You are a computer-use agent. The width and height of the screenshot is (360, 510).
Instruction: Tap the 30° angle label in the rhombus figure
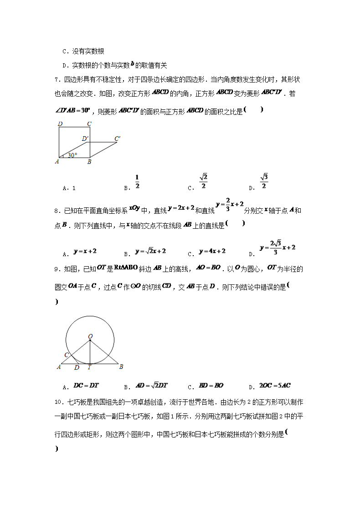click(x=72, y=155)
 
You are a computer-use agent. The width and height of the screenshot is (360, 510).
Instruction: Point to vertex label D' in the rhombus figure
click(x=85, y=138)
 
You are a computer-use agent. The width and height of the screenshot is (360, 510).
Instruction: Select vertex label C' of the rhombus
click(x=118, y=138)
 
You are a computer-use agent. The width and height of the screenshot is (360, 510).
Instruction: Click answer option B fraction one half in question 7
click(x=137, y=181)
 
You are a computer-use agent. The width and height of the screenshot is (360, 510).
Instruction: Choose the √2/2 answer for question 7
click(x=203, y=181)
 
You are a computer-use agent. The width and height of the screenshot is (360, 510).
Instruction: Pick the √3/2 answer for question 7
click(x=264, y=181)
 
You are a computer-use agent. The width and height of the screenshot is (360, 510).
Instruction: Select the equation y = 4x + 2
click(x=212, y=251)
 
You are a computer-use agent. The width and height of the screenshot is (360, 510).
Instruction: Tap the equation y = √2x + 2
click(x=150, y=251)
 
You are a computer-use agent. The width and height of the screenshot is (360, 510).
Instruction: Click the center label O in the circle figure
click(x=90, y=336)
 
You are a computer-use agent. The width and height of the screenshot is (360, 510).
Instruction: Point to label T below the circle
click(x=89, y=367)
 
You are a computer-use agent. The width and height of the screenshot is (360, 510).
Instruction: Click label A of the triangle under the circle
click(x=58, y=367)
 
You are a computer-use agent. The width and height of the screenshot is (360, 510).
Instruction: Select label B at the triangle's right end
click(x=121, y=366)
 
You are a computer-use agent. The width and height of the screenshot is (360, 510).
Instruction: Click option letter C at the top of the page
click(x=64, y=52)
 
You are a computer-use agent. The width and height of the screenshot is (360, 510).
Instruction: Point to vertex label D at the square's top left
click(x=60, y=123)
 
